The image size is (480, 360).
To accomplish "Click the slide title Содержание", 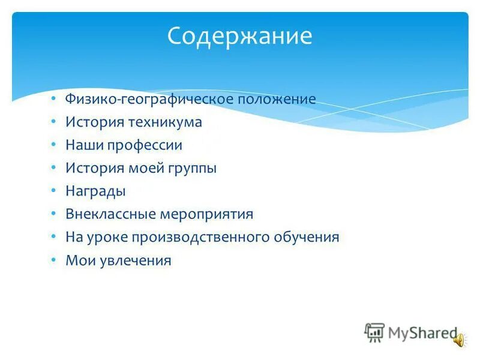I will pyautogui.click(x=239, y=37).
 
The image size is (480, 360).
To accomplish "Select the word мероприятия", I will pyautogui.click(x=207, y=215).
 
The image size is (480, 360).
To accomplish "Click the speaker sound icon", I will pyautogui.click(x=459, y=340).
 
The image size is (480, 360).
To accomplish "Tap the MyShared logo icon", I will pyautogui.click(x=374, y=332).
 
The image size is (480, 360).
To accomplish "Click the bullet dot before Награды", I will pyautogui.click(x=53, y=191).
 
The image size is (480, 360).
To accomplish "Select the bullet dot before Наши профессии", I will pyautogui.click(x=53, y=145).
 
